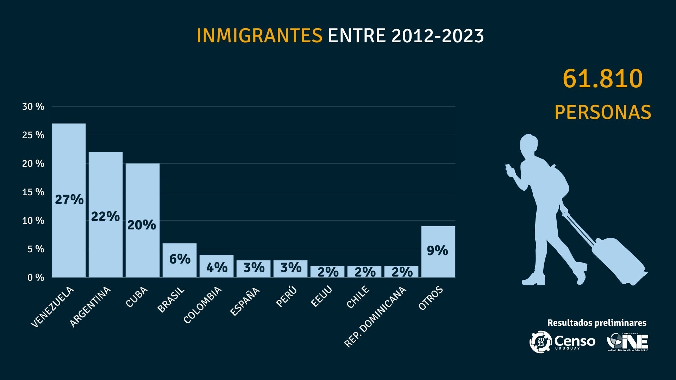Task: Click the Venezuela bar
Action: click(69, 200)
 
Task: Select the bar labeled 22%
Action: click(106, 215)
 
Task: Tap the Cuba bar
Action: click(143, 220)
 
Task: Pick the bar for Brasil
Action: click(180, 260)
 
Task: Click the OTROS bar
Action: click(438, 252)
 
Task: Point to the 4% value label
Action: click(217, 268)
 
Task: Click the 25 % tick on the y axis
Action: click(33, 135)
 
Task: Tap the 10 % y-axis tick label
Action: click(33, 221)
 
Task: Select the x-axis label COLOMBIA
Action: click(203, 305)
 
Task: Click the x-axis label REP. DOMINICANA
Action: click(375, 317)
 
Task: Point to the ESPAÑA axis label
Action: click(245, 301)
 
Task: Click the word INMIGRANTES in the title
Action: click(259, 36)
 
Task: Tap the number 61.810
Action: click(602, 79)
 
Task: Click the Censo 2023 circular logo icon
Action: click(540, 341)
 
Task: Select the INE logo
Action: click(628, 342)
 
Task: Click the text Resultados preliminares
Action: click(597, 323)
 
